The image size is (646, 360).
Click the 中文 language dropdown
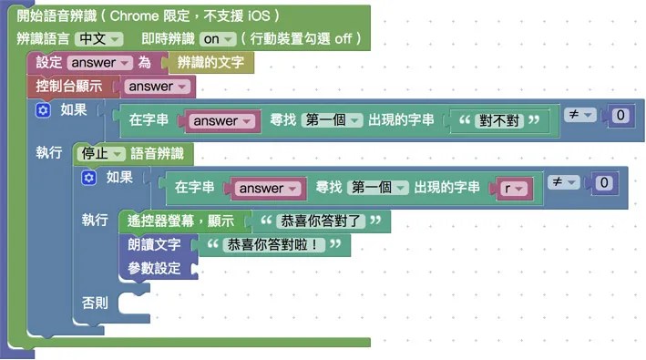(x=98, y=38)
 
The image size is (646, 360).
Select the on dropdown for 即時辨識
(x=218, y=38)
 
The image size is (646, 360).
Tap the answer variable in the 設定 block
(x=98, y=63)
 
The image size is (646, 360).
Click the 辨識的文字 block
(x=211, y=63)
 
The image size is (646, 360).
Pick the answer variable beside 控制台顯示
(x=158, y=87)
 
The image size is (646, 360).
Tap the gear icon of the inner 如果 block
(x=88, y=178)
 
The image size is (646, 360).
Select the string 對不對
(x=503, y=120)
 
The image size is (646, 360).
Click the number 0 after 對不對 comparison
(x=620, y=116)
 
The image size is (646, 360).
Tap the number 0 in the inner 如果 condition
(x=602, y=183)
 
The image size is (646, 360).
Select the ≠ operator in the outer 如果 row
(x=579, y=115)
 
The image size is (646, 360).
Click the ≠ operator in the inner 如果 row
(x=563, y=182)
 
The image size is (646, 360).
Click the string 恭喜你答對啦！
(x=274, y=245)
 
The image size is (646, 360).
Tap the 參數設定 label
(x=153, y=269)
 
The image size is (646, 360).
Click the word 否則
(x=95, y=302)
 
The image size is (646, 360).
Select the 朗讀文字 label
(x=153, y=245)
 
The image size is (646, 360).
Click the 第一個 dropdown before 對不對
(x=333, y=120)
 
